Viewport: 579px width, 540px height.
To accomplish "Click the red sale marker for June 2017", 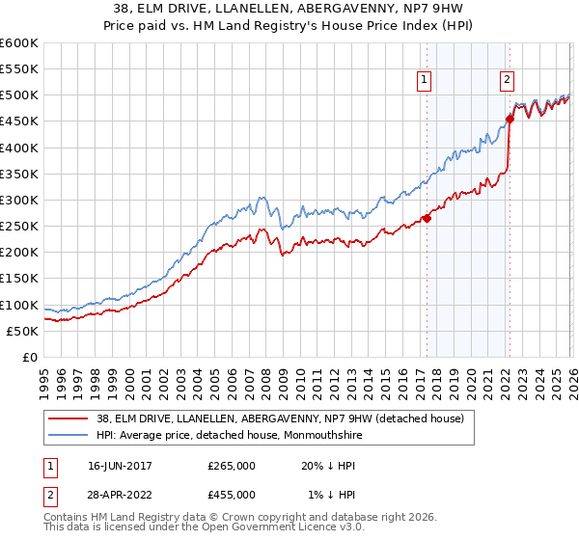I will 427,218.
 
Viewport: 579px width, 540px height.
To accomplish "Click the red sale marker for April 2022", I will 510,120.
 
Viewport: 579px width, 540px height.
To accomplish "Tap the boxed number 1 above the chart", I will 425,81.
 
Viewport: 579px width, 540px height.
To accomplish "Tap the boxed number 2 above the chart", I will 508,81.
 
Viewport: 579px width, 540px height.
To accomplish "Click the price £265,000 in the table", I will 232,466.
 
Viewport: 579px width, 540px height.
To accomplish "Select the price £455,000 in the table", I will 232,494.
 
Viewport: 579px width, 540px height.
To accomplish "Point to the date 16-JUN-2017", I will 120,466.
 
